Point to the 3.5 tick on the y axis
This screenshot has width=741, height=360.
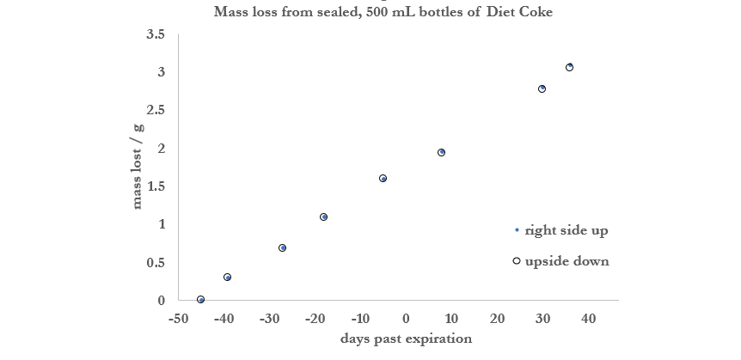click(156, 34)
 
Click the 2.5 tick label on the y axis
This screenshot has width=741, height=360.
click(156, 111)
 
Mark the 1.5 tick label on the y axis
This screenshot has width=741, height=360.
click(156, 186)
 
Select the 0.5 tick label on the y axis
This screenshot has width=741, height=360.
click(156, 263)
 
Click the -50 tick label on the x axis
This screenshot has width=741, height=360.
click(179, 319)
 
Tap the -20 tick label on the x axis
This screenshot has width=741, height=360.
click(315, 319)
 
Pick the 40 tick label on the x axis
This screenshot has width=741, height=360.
click(588, 319)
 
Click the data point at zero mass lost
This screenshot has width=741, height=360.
click(200, 300)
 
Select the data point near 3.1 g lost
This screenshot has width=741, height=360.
click(569, 67)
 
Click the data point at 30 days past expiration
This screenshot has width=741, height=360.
click(542, 88)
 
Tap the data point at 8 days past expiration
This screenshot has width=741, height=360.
click(441, 152)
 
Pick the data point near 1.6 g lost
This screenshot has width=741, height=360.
click(383, 178)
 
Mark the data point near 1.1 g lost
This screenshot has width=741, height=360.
click(323, 217)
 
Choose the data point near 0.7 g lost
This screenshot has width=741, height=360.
click(282, 247)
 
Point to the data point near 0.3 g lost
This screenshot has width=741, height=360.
click(227, 277)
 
